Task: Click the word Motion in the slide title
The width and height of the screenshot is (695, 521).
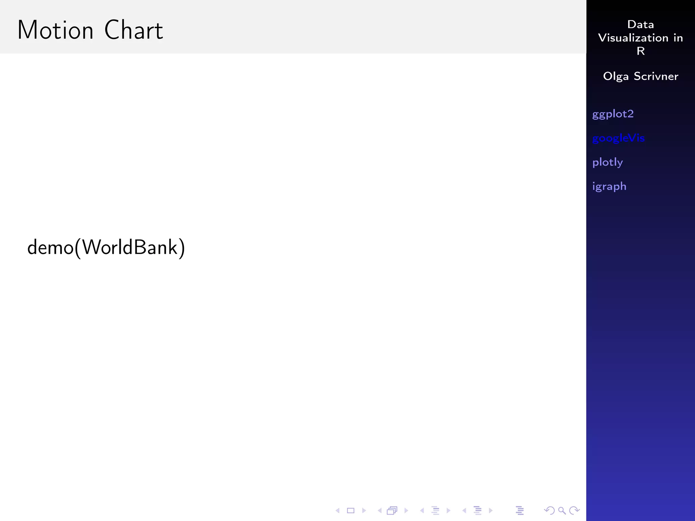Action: click(55, 30)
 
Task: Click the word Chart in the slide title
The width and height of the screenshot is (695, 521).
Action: click(133, 30)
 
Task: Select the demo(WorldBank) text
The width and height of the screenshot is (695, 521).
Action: click(106, 247)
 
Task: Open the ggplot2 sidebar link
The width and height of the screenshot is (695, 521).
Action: click(613, 114)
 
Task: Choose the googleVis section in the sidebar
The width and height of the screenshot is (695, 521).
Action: click(618, 138)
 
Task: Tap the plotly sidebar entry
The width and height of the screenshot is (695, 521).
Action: click(607, 162)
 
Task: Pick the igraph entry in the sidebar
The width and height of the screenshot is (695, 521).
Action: click(609, 186)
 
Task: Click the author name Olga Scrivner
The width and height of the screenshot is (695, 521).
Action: click(640, 76)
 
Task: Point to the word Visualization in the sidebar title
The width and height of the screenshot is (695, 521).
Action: click(633, 38)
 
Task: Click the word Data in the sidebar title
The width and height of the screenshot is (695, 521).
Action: click(640, 24)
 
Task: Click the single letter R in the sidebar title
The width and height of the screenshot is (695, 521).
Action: click(640, 51)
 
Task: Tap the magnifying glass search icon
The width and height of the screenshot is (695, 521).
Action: click(562, 510)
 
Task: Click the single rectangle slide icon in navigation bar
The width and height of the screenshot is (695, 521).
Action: click(351, 510)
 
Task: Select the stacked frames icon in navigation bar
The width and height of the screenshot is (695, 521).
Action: click(392, 510)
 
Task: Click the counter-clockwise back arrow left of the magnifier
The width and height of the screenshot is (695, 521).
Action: click(549, 510)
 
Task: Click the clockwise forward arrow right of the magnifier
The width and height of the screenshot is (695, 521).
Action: click(575, 510)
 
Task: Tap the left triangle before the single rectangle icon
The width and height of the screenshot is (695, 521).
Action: click(337, 510)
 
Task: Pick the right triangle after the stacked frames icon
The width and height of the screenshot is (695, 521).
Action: click(406, 510)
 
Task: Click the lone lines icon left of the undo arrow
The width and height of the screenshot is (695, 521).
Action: click(520, 510)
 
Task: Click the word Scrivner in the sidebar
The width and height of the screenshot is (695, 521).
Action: click(656, 76)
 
